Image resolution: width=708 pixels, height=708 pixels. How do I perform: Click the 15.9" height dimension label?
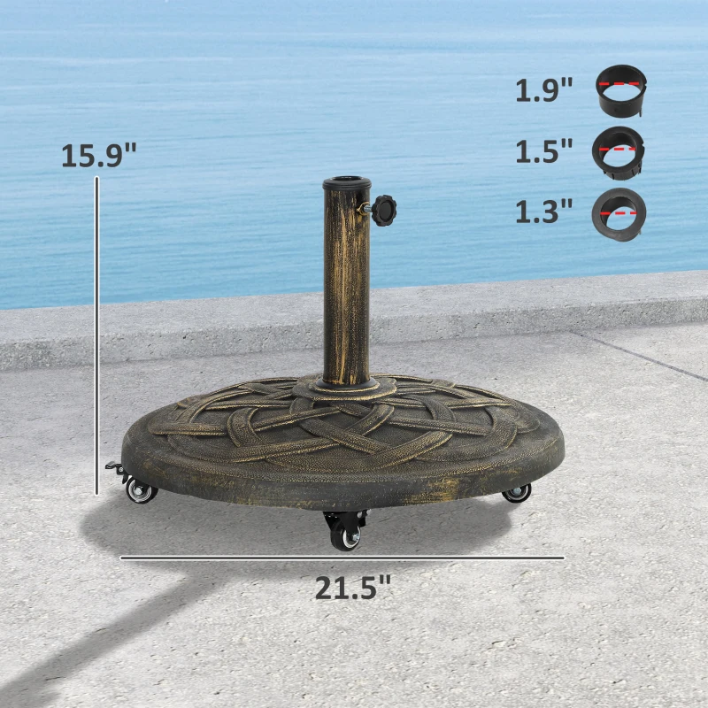click(99, 155)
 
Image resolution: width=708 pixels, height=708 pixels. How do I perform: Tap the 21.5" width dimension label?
click(352, 587)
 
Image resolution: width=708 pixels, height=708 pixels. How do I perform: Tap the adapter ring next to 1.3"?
click(619, 212)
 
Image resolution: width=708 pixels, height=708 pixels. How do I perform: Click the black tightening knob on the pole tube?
click(384, 211)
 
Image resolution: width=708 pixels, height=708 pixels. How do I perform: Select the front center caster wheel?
click(346, 535)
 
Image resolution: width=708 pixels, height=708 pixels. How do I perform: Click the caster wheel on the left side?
click(140, 491)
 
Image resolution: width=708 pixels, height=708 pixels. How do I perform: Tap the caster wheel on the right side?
click(517, 493)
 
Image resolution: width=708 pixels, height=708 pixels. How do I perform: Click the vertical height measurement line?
click(96, 336)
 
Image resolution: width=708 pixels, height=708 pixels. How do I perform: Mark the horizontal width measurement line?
click(342, 558)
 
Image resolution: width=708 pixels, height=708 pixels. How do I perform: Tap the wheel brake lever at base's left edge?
click(112, 466)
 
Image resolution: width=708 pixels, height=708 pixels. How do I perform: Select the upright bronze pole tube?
click(346, 283)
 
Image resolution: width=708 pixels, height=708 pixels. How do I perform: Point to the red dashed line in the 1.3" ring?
click(621, 213)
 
